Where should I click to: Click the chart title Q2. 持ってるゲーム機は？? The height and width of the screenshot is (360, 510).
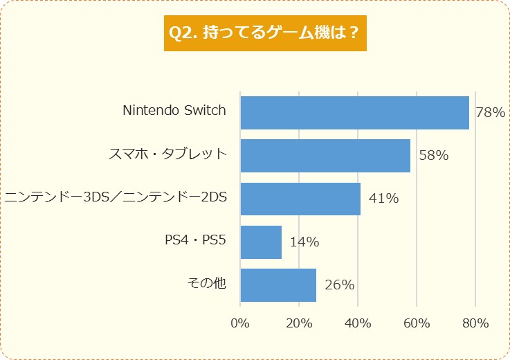point(265,33)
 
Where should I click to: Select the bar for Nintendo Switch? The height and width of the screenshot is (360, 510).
point(354,112)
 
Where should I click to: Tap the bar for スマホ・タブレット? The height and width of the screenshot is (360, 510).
point(325,155)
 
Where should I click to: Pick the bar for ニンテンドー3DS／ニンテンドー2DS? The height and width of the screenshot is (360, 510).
point(300,199)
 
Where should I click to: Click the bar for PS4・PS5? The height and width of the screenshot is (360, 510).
point(261,242)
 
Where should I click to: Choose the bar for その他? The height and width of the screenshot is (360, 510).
point(278,285)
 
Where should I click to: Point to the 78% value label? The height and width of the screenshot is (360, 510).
point(491,112)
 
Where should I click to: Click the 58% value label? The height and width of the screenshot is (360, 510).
point(433,156)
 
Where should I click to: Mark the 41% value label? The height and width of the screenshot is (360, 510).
point(383,199)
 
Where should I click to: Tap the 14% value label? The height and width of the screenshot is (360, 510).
point(304,242)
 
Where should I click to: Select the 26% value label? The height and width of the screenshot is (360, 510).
point(339,285)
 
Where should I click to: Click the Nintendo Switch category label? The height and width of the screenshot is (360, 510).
point(174,110)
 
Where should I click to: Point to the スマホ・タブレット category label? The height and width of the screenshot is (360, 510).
point(167,153)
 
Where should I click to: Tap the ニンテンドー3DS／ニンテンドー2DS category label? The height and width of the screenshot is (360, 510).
point(116,197)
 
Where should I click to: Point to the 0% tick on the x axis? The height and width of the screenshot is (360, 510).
point(240,323)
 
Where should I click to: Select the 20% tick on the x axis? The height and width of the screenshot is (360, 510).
point(299,323)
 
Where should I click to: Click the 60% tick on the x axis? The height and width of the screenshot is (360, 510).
point(417,323)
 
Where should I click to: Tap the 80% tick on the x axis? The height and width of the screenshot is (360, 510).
point(475,323)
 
